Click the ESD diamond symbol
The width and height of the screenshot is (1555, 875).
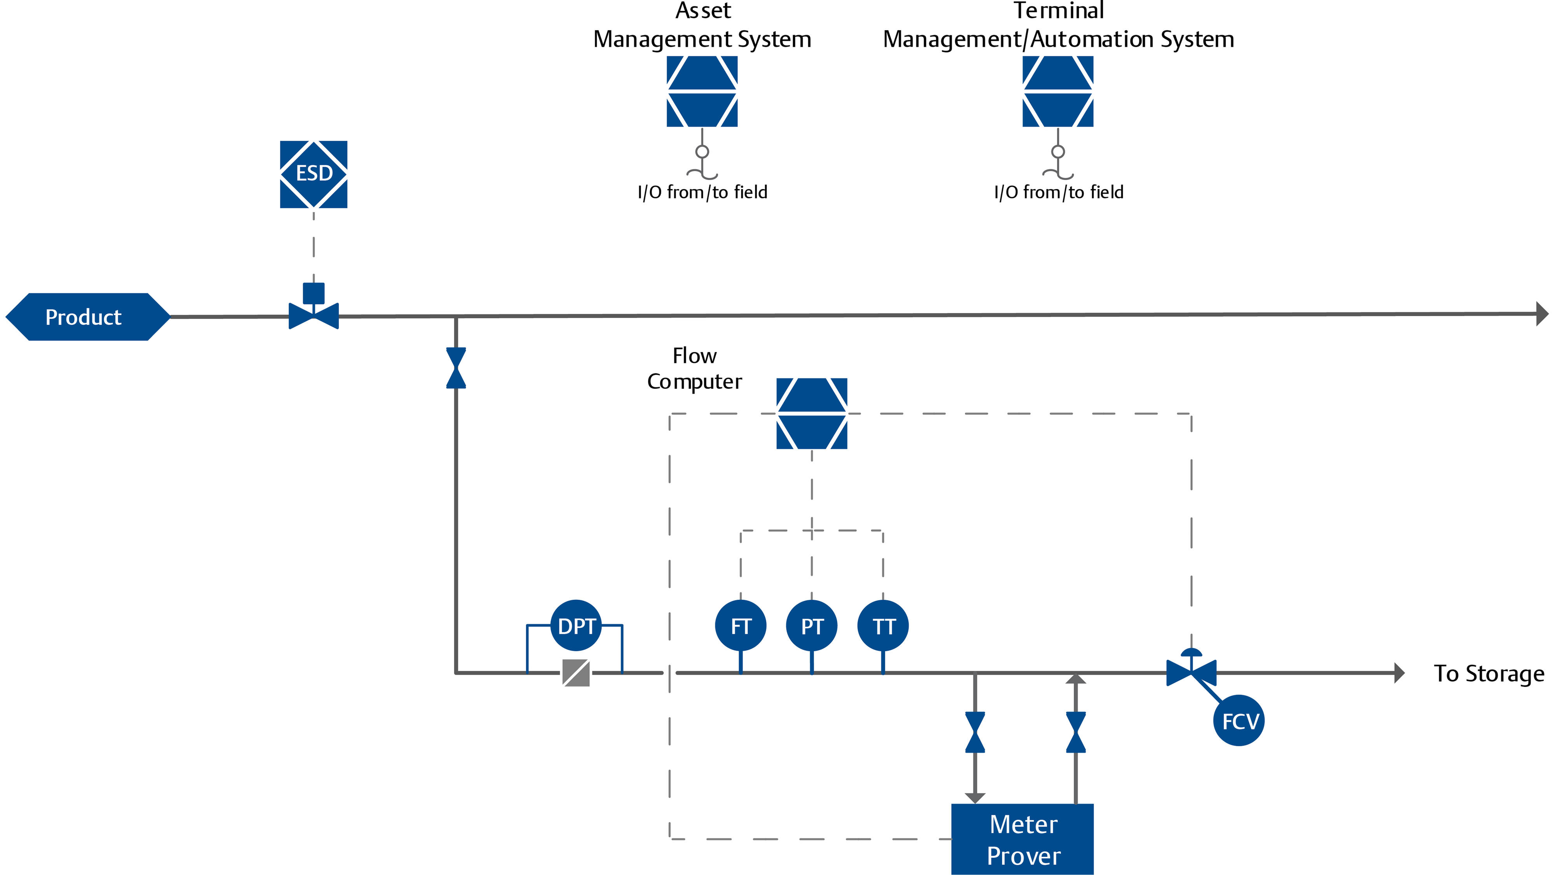[313, 174]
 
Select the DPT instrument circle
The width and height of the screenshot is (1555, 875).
[577, 626]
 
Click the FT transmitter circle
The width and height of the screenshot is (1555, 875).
[741, 626]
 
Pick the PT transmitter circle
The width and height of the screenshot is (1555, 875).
[812, 626]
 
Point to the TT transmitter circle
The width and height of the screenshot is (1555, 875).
[883, 626]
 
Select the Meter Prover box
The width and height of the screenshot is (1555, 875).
[1022, 839]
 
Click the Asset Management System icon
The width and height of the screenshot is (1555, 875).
[702, 91]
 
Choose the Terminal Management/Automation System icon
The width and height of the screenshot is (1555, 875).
[1057, 91]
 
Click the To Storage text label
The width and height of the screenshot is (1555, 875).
[1489, 673]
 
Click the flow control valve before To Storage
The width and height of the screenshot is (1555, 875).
[1191, 672]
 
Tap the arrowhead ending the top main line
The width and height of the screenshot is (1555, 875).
[1542, 314]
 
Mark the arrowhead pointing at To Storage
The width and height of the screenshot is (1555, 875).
[1399, 673]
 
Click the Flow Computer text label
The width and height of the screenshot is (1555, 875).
[694, 368]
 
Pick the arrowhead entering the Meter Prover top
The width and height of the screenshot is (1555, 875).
[975, 798]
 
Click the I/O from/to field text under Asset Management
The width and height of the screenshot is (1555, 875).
[702, 192]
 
